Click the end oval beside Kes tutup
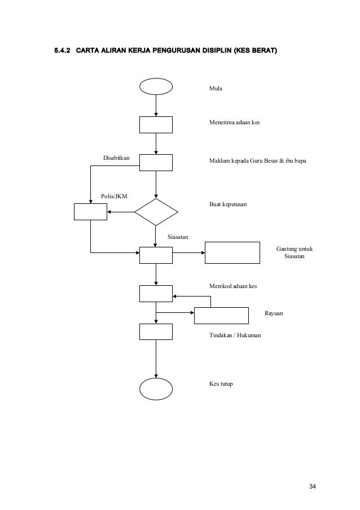(156, 387)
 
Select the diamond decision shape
(156, 212)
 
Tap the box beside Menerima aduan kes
(156, 125)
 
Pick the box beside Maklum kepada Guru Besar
(156, 162)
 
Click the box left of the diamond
(90, 211)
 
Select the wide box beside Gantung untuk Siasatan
(232, 252)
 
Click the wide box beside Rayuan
(222, 315)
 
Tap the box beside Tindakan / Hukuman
(156, 331)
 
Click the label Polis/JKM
(114, 196)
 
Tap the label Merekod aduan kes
(233, 286)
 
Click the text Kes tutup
(221, 384)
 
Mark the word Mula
(216, 89)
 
